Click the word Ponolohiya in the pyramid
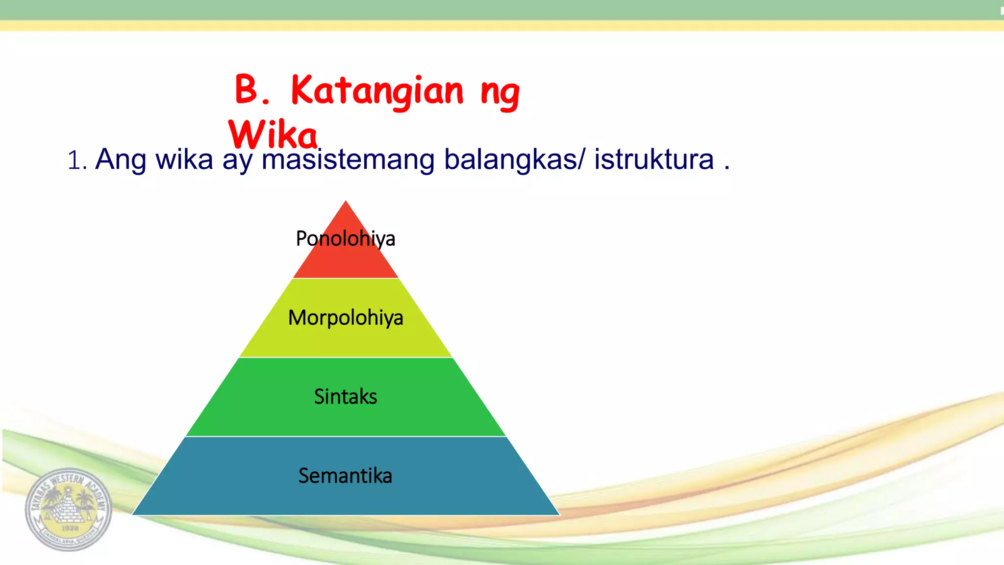tap(345, 239)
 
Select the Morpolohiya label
tap(345, 318)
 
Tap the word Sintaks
tap(345, 396)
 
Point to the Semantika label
tap(345, 476)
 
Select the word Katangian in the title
tap(376, 92)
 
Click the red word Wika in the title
tap(273, 135)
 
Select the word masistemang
tap(348, 159)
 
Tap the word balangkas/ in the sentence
tap(514, 159)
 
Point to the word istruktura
tap(654, 159)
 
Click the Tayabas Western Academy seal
tap(69, 509)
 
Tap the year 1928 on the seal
tap(70, 528)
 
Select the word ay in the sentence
tap(237, 162)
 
